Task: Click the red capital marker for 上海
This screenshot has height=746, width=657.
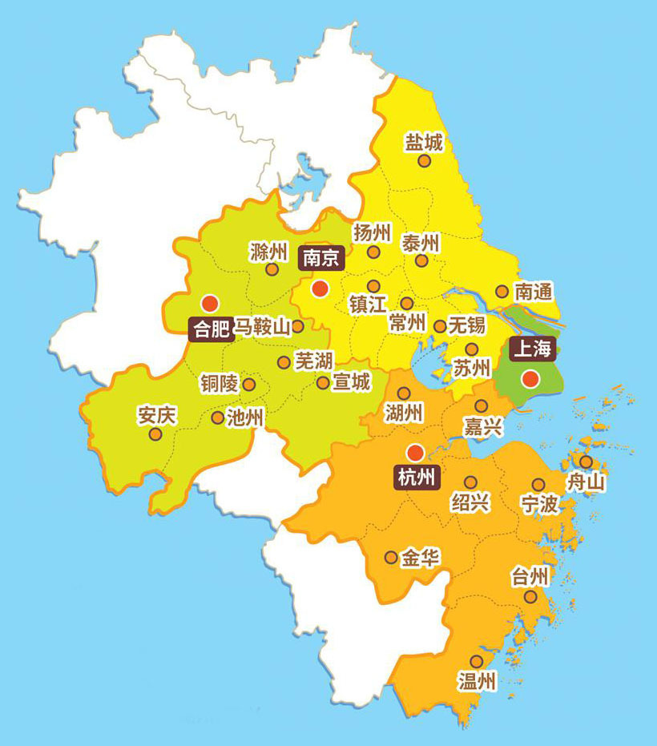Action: tap(529, 378)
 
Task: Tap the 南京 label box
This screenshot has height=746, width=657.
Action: tap(320, 257)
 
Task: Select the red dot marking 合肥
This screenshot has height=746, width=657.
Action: tap(210, 303)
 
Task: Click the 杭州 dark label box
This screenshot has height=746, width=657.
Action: tap(417, 478)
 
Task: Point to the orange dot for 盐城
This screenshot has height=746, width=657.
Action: tap(424, 160)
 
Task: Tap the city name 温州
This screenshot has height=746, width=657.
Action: tap(477, 682)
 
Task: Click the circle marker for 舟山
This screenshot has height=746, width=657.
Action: tap(586, 462)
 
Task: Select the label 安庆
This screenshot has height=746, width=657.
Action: tap(155, 415)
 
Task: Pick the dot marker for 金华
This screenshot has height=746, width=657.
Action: tap(391, 557)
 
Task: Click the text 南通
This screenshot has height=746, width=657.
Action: tap(534, 291)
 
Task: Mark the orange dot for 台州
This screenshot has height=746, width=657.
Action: tap(530, 597)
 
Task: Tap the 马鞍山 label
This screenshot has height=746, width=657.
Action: tap(262, 327)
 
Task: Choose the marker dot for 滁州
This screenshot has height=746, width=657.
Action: tap(272, 270)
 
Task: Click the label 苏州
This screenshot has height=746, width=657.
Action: tap(471, 369)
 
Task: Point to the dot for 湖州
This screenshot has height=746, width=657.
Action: tap(404, 393)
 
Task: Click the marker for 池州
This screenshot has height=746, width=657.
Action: tap(217, 417)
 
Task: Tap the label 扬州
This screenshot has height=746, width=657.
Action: tap(373, 233)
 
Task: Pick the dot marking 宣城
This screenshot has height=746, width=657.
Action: tap(323, 383)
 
